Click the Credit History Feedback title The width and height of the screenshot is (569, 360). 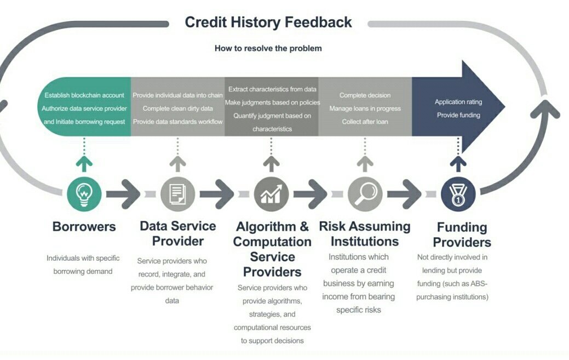(x=268, y=22)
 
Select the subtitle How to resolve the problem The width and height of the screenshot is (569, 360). (x=268, y=48)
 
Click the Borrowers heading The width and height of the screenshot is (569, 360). (x=84, y=227)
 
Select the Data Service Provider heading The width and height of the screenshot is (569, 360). (x=177, y=233)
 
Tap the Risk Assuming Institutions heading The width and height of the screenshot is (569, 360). (x=365, y=234)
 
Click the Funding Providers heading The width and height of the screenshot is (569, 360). (x=462, y=235)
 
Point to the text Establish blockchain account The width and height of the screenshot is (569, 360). (x=84, y=95)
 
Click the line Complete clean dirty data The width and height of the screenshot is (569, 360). (x=177, y=108)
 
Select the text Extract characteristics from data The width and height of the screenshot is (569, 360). (x=272, y=89)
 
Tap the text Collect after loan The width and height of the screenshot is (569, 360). (x=365, y=122)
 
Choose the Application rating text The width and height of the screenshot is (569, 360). (x=458, y=102)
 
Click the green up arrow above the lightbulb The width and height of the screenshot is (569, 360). (x=84, y=163)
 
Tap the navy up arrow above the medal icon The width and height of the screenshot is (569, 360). (x=458, y=163)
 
